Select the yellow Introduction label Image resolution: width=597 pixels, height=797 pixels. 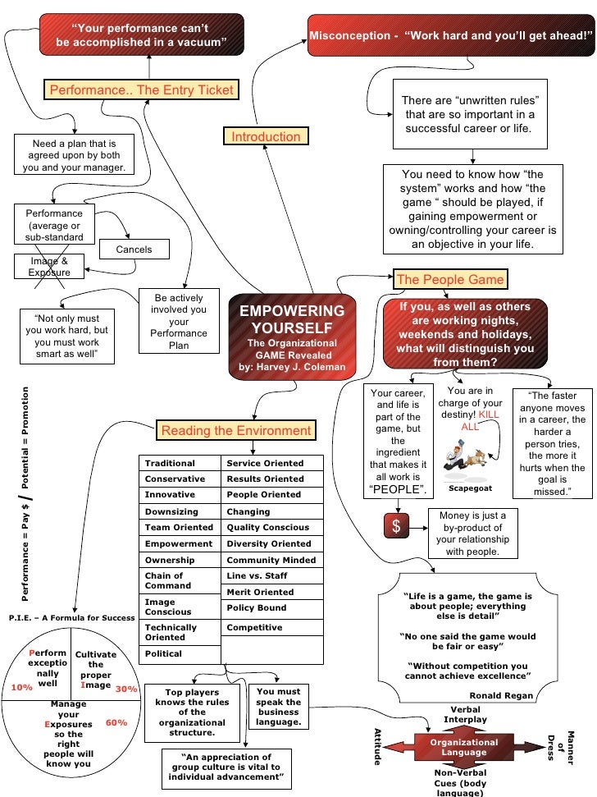266,136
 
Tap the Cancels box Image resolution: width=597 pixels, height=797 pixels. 134,250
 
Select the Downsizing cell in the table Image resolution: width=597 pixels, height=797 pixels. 171,511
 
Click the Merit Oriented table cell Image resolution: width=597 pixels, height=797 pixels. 260,592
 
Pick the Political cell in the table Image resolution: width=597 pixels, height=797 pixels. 164,654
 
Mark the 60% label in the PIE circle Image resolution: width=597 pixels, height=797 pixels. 116,723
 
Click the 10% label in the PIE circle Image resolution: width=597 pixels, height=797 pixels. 22,688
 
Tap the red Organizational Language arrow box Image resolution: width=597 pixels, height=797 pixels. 464,747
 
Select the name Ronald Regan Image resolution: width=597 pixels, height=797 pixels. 502,695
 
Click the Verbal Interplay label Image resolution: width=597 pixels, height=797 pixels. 465,714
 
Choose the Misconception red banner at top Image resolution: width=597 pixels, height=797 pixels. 451,36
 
